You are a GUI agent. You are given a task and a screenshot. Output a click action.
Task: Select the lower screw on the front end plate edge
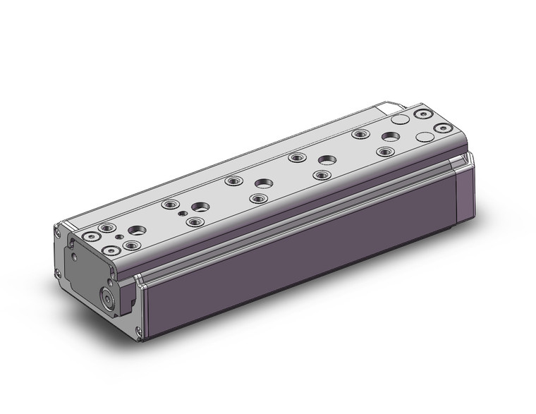[x=56, y=273]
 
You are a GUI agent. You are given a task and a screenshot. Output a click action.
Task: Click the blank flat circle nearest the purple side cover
[x=425, y=137]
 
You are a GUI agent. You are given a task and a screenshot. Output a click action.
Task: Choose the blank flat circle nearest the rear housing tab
[x=400, y=121]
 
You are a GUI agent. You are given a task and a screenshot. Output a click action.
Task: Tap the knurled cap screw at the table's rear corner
[x=444, y=129]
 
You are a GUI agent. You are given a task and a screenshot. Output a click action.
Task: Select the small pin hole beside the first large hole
[x=183, y=212]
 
